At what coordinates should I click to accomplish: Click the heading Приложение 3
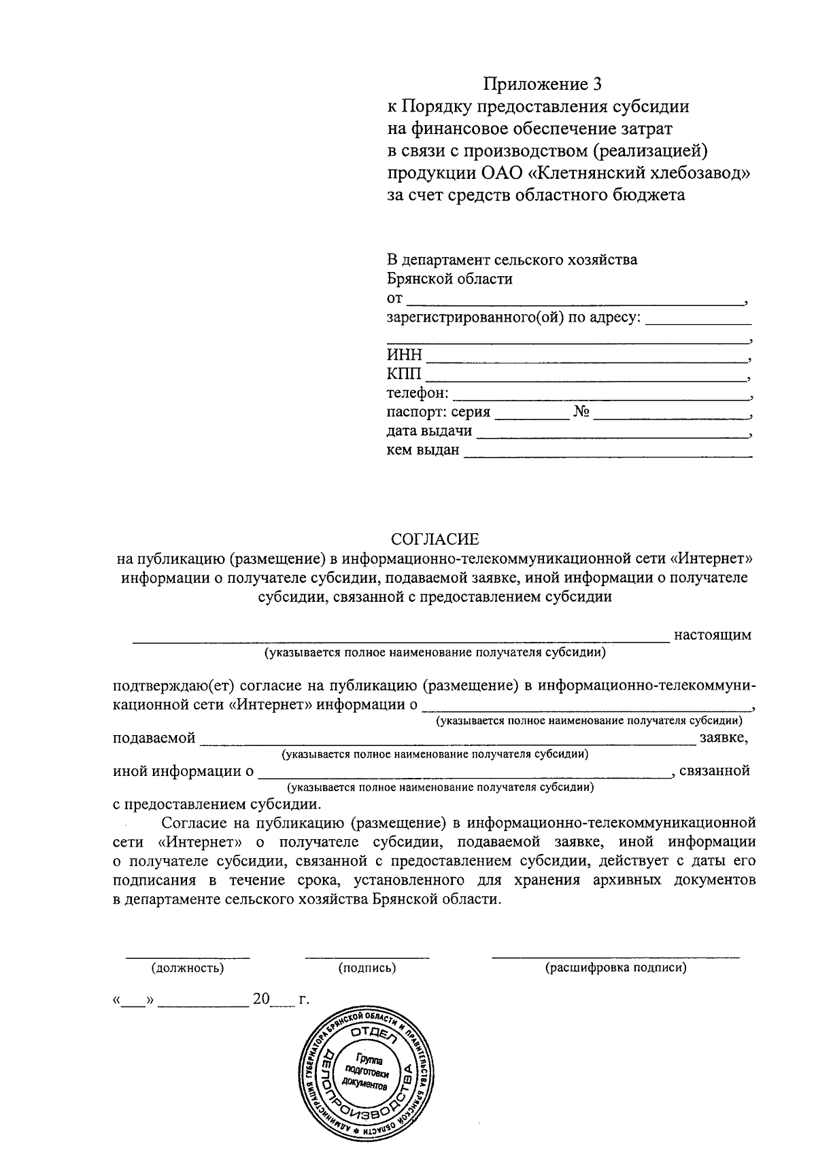coord(543,84)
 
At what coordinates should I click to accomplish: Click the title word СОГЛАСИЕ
coord(435,539)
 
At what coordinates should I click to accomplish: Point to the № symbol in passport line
coord(581,412)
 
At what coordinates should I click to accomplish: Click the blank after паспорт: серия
coord(531,413)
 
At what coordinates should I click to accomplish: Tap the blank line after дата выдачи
coord(611,432)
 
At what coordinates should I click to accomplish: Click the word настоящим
coord(712,635)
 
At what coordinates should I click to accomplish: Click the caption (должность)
coord(188,968)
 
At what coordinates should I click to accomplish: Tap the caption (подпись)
coord(367,968)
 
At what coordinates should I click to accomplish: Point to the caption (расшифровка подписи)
coord(615,968)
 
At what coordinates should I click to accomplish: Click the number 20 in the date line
coord(261,1000)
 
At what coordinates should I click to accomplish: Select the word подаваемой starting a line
coord(154,738)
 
